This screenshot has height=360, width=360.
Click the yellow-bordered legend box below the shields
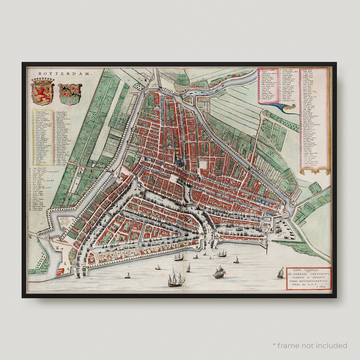tap(42, 137)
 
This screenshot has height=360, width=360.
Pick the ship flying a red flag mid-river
tap(219, 272)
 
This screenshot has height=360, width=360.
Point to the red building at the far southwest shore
tap(60, 271)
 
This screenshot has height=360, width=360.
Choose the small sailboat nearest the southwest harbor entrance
tap(127, 275)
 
